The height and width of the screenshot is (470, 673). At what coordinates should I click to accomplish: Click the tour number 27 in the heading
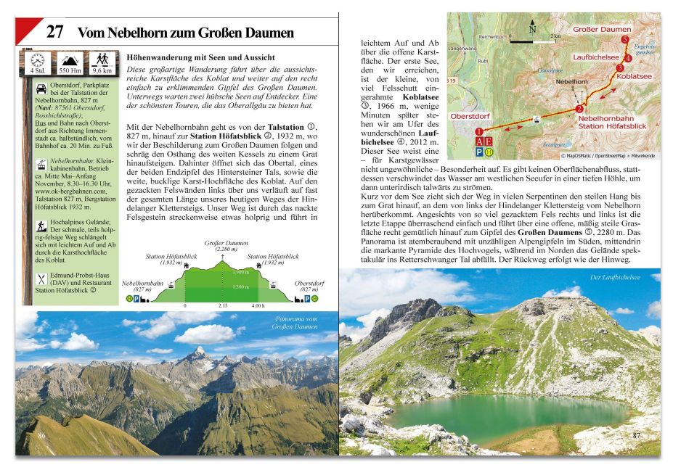coord(56,32)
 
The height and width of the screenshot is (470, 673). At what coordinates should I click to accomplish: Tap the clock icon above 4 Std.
coord(37,59)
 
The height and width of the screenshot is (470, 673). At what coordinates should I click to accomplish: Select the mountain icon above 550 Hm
coord(69,59)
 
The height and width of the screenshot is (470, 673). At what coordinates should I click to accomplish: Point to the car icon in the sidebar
coord(40,88)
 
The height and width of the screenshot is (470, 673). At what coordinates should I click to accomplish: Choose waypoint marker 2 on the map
coord(579,109)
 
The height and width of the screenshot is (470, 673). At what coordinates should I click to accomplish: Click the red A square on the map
coord(479,141)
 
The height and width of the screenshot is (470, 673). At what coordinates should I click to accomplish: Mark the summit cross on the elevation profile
coord(222,257)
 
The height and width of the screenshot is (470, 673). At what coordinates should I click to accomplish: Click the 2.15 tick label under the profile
coord(222,305)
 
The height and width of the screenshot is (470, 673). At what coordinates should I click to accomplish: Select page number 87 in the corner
coord(637,435)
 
